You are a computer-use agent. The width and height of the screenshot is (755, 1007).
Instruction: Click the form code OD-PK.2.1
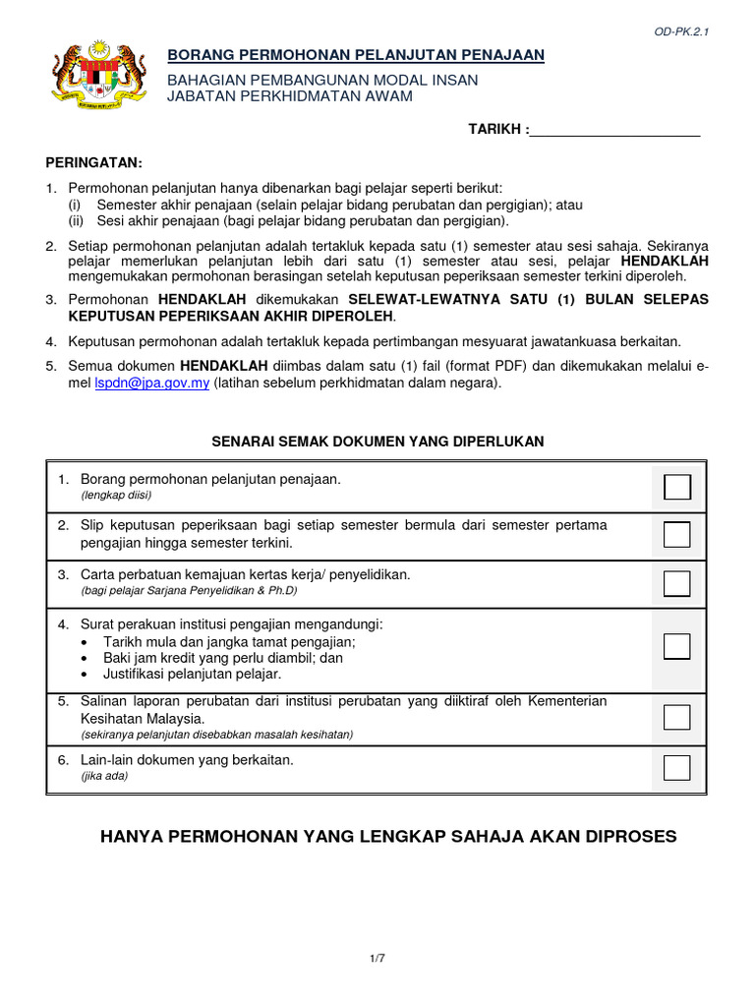681,31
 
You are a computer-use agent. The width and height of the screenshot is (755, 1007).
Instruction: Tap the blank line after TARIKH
615,130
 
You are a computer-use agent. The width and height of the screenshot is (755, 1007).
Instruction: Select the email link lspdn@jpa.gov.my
151,384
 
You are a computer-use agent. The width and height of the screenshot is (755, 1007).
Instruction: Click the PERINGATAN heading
94,162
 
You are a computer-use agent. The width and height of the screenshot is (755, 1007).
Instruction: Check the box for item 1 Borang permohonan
677,487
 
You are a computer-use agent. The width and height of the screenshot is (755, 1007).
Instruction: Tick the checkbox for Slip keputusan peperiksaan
677,535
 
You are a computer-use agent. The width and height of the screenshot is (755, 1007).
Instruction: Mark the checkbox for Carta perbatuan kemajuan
677,583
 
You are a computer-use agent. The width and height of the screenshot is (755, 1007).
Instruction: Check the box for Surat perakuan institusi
677,646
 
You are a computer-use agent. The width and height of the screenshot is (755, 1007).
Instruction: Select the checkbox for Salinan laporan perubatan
677,717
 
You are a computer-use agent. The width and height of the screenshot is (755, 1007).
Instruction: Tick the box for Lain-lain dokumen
677,767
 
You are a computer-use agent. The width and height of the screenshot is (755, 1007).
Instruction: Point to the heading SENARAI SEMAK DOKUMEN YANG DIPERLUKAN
377,442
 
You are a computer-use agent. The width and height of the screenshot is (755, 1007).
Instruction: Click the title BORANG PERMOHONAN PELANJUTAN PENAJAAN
355,55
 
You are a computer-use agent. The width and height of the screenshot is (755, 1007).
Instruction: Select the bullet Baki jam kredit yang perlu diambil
223,658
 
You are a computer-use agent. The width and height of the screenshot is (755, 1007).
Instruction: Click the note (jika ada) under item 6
104,776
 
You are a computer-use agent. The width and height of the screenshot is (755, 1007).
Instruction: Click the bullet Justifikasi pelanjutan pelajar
192,675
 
